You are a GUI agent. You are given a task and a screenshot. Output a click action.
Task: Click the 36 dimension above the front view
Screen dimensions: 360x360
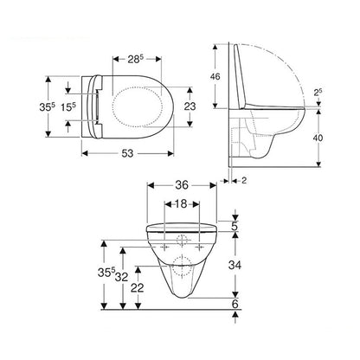(181, 184)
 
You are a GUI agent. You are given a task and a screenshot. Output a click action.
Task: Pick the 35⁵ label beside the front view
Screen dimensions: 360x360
(103, 274)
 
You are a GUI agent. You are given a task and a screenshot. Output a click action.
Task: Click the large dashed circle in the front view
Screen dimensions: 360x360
(182, 266)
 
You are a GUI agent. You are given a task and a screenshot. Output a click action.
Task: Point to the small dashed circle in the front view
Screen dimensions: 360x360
(182, 238)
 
